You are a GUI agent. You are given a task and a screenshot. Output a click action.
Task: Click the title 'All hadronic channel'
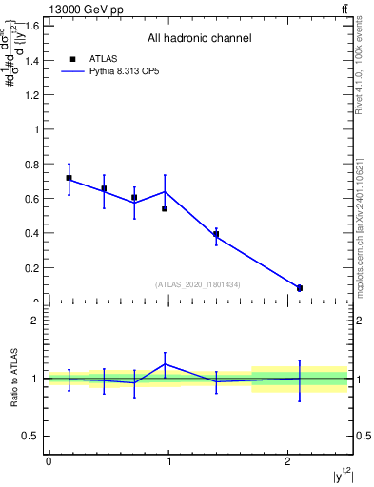pos(199,38)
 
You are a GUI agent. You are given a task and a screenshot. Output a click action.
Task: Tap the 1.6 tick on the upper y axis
pos(31,26)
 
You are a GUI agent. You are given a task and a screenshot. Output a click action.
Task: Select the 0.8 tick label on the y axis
pos(31,164)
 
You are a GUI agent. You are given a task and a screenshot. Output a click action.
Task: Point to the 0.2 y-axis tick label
pos(31,267)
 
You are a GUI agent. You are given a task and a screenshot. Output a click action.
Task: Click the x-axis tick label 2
pos(287,461)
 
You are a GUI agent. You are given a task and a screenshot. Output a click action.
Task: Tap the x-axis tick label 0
pos(49,461)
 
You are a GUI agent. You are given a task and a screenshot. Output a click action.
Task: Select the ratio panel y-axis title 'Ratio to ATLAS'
pos(13,378)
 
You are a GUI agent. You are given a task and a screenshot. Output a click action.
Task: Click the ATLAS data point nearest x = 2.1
pos(300,288)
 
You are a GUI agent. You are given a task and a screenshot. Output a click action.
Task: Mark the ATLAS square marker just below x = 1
pos(165,208)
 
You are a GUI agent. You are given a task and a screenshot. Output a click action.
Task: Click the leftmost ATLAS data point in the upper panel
pos(69,178)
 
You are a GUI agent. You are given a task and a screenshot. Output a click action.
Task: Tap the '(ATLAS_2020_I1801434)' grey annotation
pos(197,284)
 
